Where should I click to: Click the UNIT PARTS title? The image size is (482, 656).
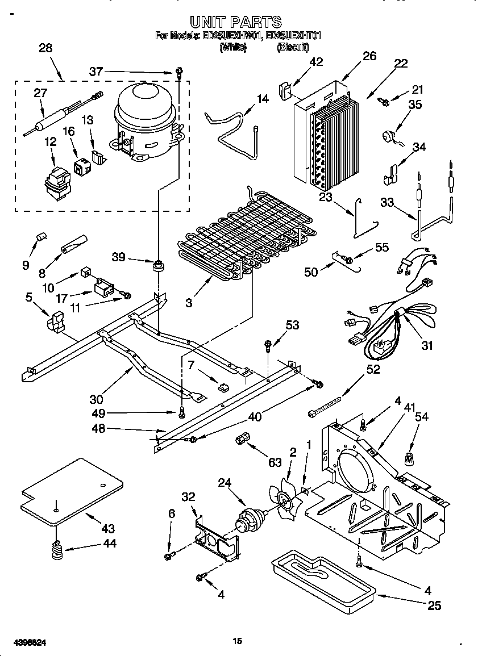[235, 22]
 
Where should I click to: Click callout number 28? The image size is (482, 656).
[45, 48]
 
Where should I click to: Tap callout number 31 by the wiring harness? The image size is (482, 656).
[426, 344]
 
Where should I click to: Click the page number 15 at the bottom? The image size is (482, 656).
[238, 641]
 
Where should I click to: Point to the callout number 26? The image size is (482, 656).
[369, 56]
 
